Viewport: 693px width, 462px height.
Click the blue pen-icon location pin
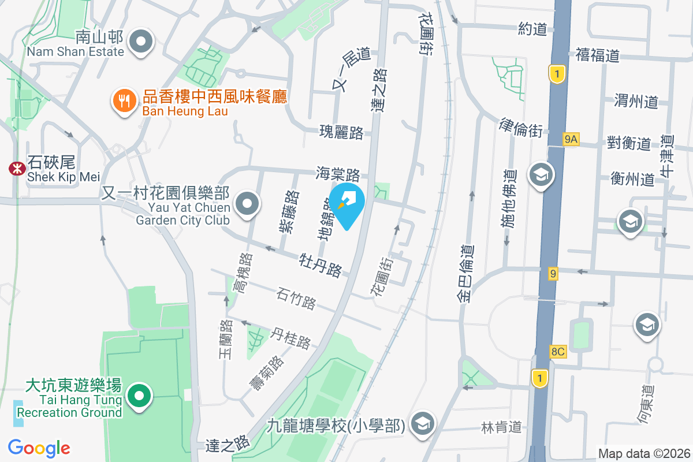tap(346, 203)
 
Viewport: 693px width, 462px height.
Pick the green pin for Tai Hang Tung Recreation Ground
tap(139, 397)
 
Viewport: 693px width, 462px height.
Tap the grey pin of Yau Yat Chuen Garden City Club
tap(248, 203)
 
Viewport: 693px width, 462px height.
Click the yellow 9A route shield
tap(571, 139)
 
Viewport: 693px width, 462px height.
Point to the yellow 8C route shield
tap(558, 351)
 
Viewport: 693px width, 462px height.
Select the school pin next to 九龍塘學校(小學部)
tap(423, 424)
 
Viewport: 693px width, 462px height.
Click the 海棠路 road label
tap(338, 173)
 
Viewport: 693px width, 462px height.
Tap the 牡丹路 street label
tap(321, 264)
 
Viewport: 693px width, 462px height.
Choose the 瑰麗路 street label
tap(341, 132)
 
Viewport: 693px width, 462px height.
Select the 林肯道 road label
tap(501, 427)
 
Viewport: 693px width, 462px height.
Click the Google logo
tap(39, 448)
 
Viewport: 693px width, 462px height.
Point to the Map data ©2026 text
tap(643, 454)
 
